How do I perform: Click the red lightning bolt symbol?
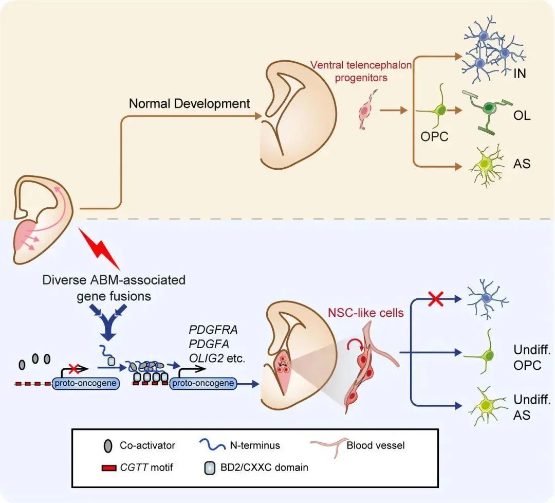pos(101,249)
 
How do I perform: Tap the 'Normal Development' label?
pos(189,103)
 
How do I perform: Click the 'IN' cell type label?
pos(520,74)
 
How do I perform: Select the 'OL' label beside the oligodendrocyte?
pos(522,116)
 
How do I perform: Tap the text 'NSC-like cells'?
pos(366,312)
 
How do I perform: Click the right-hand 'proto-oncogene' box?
pos(203,383)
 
